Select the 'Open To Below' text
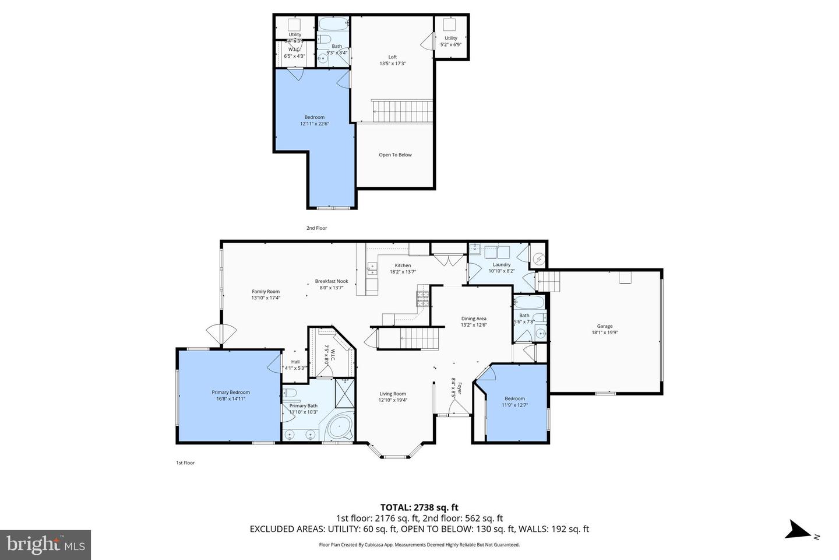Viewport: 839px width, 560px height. pos(395,155)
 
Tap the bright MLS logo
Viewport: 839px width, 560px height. pos(45,545)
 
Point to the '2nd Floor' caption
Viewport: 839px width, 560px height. pos(317,228)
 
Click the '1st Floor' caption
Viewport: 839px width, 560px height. pos(185,463)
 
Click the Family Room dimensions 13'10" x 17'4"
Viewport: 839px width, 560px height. pos(266,297)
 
